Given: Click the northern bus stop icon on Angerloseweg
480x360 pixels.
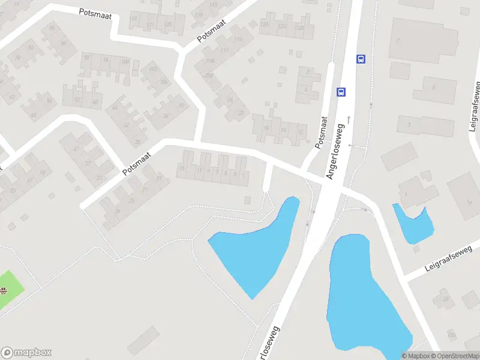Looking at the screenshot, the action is click(x=361, y=59).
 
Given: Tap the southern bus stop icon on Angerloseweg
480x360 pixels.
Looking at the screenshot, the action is click(x=341, y=92).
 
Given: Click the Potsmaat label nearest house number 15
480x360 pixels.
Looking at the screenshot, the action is click(x=137, y=163).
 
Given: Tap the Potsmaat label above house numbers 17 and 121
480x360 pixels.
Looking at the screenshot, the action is click(x=95, y=11).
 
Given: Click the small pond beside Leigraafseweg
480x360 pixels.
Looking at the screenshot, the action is click(x=415, y=223).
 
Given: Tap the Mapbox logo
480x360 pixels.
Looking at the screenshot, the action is click(x=26, y=353).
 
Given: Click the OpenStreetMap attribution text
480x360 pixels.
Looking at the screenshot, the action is click(x=454, y=356).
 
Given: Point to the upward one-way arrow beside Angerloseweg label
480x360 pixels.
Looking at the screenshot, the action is click(x=347, y=119).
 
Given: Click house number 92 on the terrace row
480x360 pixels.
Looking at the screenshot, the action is click(x=86, y=58).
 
